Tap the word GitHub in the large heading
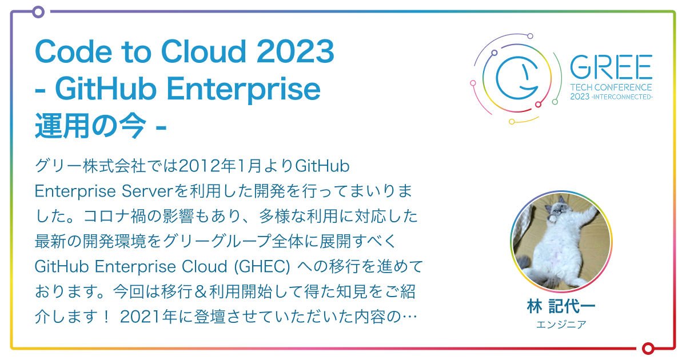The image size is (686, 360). [106, 90]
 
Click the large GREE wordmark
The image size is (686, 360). [611, 69]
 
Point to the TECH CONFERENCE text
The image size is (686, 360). [611, 88]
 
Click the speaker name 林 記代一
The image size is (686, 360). [561, 306]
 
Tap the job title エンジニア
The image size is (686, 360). [561, 324]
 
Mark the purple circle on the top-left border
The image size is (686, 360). [38, 11]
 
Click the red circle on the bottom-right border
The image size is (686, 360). [648, 348]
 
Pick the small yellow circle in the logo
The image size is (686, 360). [512, 121]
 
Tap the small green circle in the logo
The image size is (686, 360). [555, 102]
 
